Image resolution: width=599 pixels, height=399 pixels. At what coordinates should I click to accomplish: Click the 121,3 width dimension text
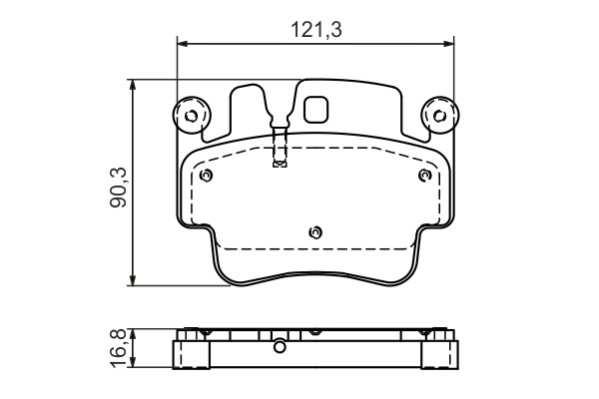316,31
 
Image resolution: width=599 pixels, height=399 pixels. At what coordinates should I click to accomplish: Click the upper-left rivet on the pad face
206,176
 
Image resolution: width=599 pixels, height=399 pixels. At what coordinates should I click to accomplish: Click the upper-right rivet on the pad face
424,176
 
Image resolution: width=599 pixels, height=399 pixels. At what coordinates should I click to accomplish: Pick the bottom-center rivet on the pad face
315,231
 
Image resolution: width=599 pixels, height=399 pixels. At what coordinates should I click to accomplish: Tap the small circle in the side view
280,347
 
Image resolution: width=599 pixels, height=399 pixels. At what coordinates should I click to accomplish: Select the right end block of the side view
439,353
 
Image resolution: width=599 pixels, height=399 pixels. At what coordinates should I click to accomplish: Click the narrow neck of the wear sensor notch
280,140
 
